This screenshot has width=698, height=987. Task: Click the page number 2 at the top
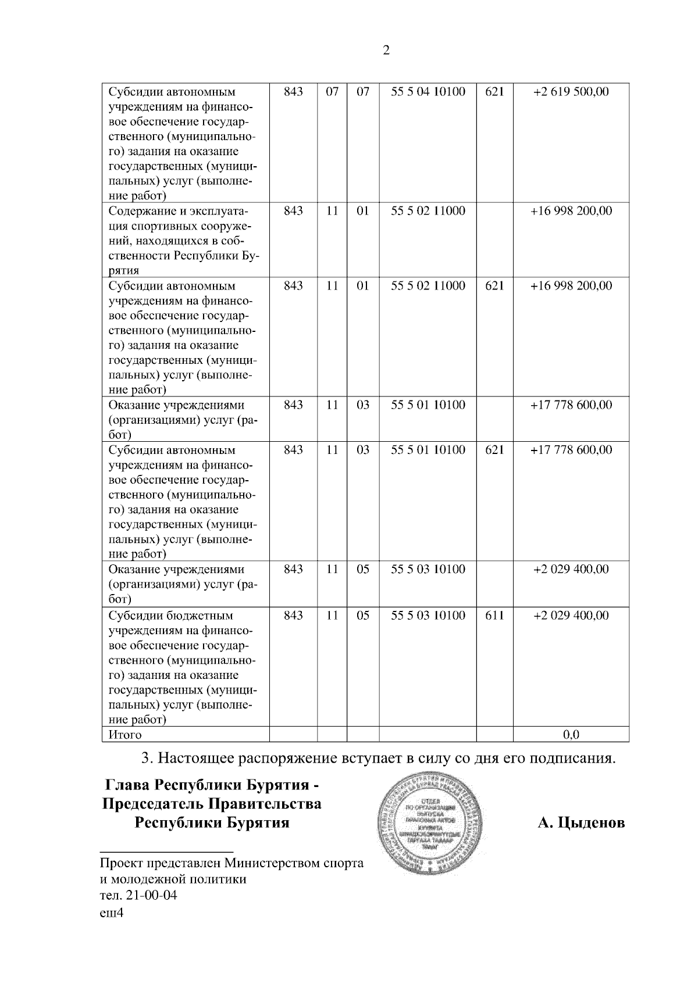pyautogui.click(x=386, y=50)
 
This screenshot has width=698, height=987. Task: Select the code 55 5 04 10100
pyautogui.click(x=428, y=91)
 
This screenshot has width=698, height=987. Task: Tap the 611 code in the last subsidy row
pyautogui.click(x=494, y=616)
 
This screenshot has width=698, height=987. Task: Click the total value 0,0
pyautogui.click(x=571, y=735)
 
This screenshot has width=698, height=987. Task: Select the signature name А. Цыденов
pyautogui.click(x=581, y=823)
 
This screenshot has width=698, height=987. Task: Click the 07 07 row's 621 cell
pyautogui.click(x=494, y=91)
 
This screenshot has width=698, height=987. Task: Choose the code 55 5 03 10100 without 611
pyautogui.click(x=428, y=569)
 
